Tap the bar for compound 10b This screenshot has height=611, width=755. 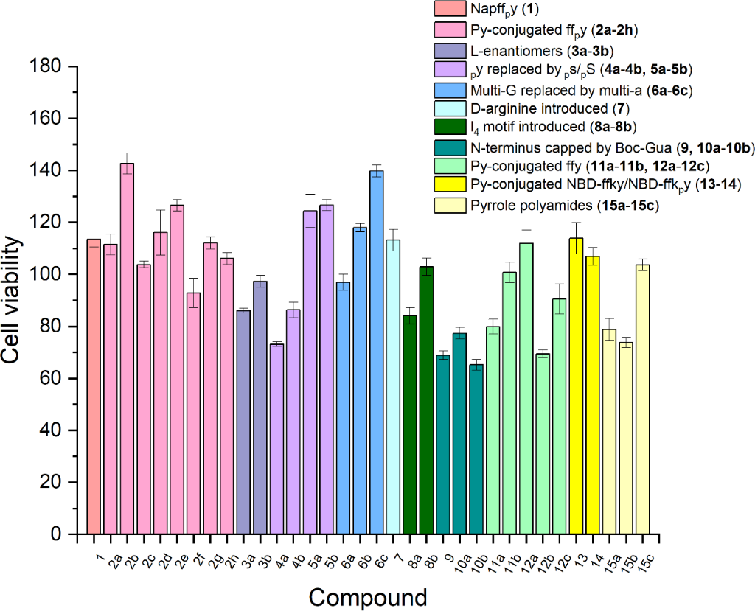[477, 449]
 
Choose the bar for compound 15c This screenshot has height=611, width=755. [643, 399]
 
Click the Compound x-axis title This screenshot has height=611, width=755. [367, 596]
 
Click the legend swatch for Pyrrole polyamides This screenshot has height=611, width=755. [448, 206]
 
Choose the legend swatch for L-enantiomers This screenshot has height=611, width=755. [448, 50]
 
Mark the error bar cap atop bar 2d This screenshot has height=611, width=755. [160, 210]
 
